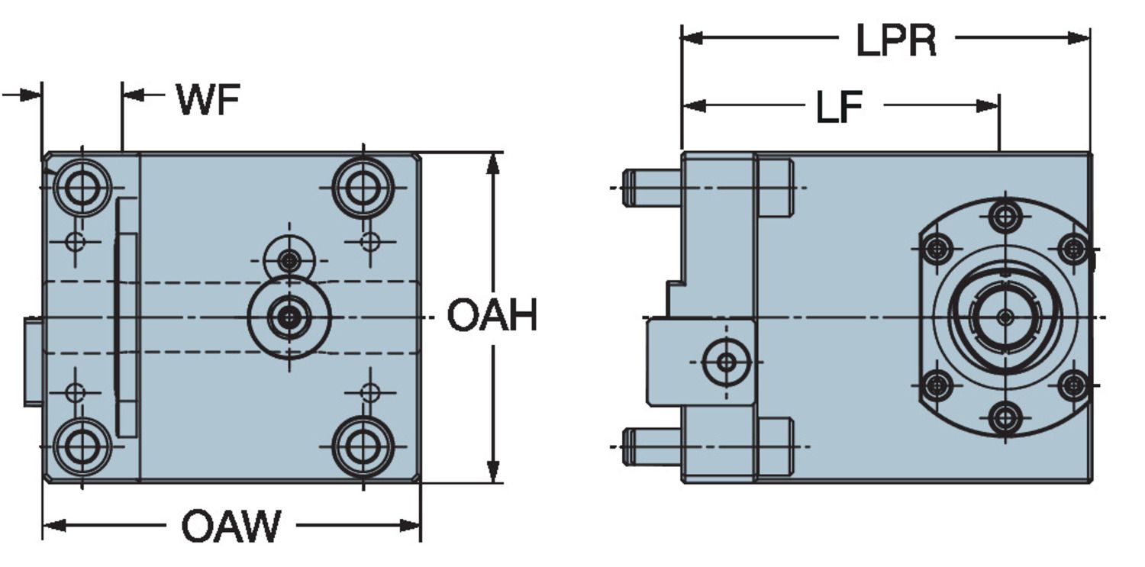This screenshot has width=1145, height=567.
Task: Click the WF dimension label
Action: point(208,99)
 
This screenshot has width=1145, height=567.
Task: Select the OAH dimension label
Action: point(492,315)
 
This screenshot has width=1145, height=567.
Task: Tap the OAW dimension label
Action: point(231,526)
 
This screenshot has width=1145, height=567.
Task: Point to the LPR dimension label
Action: point(896,40)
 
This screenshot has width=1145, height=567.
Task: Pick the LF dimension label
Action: point(840,108)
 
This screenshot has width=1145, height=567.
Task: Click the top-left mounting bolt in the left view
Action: point(81,188)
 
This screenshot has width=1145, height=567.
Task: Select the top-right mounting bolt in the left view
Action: point(363,188)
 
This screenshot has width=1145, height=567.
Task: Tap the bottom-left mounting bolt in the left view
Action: point(81,446)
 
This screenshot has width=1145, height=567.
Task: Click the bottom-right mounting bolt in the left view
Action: point(363,446)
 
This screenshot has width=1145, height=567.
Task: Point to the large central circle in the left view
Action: point(289,317)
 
